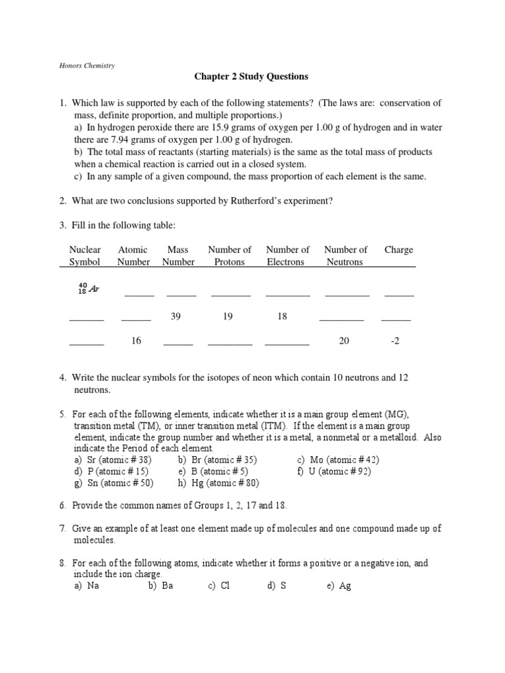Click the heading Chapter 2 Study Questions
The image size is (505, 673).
click(251, 76)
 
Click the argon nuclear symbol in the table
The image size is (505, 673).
click(88, 289)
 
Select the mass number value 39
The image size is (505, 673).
click(176, 316)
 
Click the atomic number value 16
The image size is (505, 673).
click(136, 341)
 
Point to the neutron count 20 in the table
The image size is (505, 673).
click(345, 341)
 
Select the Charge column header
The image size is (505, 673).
click(398, 250)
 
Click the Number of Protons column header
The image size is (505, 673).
click(229, 256)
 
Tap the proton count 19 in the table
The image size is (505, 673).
click(228, 316)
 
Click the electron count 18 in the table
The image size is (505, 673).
click(282, 316)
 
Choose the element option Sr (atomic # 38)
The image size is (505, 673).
click(114, 460)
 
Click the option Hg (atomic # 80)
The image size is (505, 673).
click(218, 483)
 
